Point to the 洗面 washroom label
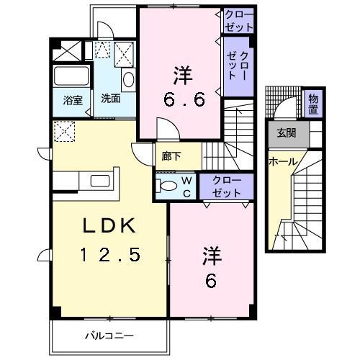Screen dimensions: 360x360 coord(110,99)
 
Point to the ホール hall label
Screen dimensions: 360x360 coord(283,162)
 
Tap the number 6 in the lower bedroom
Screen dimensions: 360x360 coord(210,279)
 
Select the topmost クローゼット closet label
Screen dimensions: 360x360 coord(238,20)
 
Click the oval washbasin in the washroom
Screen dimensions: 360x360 coord(127,79)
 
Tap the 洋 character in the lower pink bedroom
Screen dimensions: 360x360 coord(210,254)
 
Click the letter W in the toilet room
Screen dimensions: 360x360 coord(184,181)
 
